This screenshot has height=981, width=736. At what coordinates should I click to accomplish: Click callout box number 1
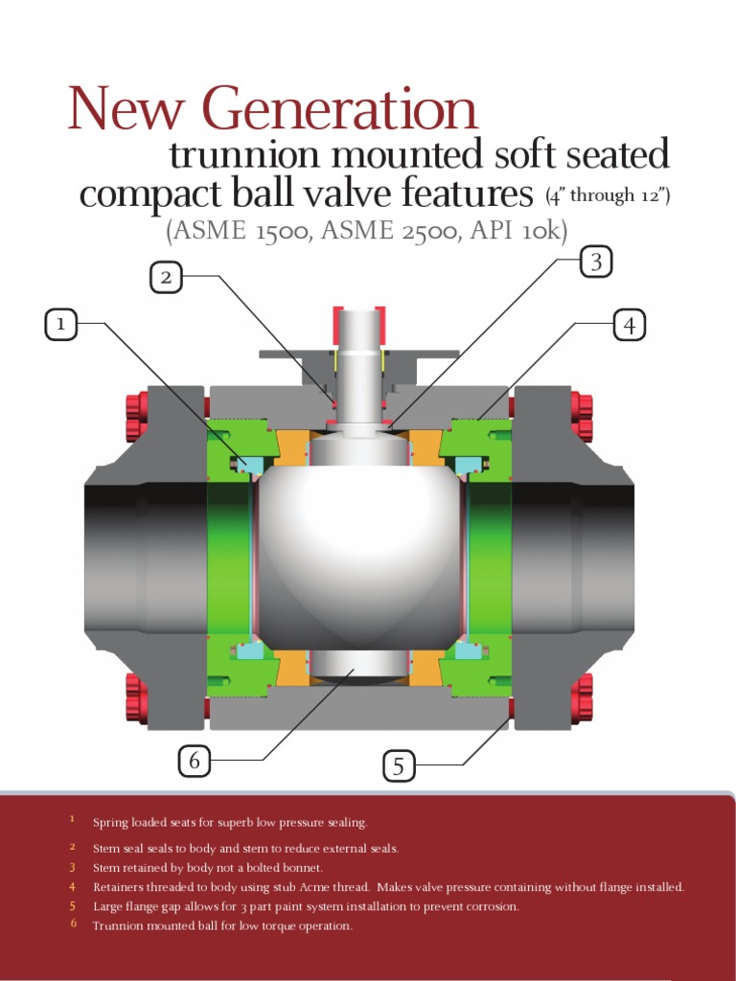[x=61, y=326]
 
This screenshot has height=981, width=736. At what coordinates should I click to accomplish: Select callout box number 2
[x=166, y=278]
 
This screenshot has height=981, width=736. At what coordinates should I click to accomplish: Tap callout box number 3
[x=596, y=262]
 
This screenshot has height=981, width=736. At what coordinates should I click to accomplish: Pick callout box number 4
[x=629, y=326]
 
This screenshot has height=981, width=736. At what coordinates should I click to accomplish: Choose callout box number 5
[x=400, y=765]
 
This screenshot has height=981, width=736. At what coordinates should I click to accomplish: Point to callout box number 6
[x=195, y=761]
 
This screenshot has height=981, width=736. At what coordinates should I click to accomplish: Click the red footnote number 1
[x=71, y=820]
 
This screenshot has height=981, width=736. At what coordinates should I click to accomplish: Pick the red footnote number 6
[x=72, y=924]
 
